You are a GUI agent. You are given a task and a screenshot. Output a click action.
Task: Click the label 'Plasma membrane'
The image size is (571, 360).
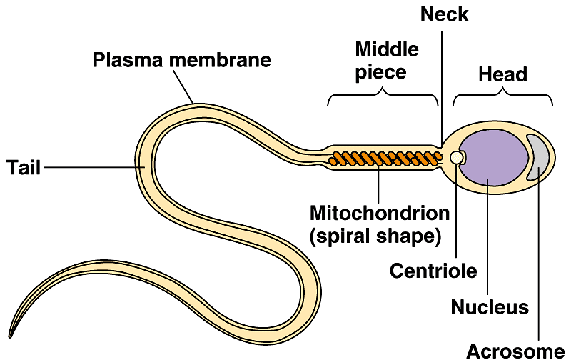click(182, 60)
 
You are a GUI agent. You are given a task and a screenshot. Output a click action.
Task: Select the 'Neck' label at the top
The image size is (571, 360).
click(444, 15)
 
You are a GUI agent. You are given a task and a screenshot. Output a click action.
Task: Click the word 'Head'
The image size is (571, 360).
click(502, 74)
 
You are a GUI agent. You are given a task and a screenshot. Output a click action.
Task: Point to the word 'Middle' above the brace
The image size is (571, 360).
click(386, 50)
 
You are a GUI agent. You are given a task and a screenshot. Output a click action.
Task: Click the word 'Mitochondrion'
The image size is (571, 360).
click(379, 213)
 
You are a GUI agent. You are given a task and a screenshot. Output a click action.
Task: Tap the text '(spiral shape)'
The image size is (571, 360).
click(375, 236)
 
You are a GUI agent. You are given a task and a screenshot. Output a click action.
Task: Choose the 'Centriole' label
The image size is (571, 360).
click(433, 271)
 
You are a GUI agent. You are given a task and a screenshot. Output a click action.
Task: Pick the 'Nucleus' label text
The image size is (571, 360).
click(490, 308)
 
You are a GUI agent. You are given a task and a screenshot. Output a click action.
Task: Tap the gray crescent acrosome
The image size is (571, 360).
click(537, 156)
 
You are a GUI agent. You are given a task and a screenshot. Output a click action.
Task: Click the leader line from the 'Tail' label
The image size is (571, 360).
click(93, 167)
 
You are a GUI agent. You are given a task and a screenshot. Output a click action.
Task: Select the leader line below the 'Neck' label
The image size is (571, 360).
click(442, 86)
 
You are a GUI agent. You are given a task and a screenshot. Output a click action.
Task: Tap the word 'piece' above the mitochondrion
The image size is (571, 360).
click(381, 72)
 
